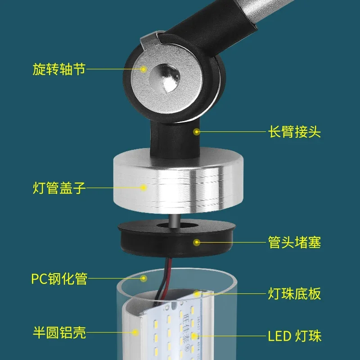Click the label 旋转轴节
(59, 70)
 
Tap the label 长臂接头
(294, 132)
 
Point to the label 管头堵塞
(294, 243)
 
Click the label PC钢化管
(59, 279)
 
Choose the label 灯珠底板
(294, 294)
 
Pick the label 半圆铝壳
(59, 333)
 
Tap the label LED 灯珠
(294, 335)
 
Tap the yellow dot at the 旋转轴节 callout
(144, 69)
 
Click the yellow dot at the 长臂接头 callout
(196, 132)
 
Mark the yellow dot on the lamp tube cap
(144, 188)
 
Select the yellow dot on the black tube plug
(196, 243)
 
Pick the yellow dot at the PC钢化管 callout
(144, 279)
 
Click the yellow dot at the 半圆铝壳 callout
(135, 333)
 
